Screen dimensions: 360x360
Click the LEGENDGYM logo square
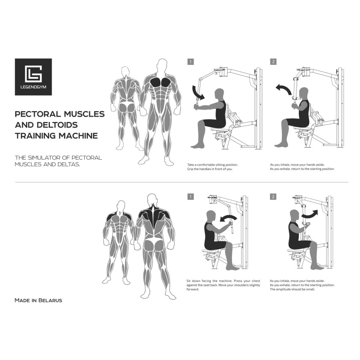pyautogui.click(x=33, y=77)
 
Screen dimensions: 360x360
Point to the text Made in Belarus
pyautogui.click(x=38, y=300)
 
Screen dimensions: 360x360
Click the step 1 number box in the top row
pyautogui.click(x=191, y=62)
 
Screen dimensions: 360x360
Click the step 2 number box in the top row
pyautogui.click(x=273, y=62)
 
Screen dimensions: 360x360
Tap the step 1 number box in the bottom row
pyautogui.click(x=191, y=196)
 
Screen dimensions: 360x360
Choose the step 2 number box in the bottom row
pyautogui.click(x=273, y=196)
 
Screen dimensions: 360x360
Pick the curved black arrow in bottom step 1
pyautogui.click(x=229, y=218)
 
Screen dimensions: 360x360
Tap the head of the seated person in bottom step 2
pyautogui.click(x=295, y=214)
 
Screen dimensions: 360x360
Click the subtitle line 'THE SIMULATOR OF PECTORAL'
pyautogui.click(x=58, y=158)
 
